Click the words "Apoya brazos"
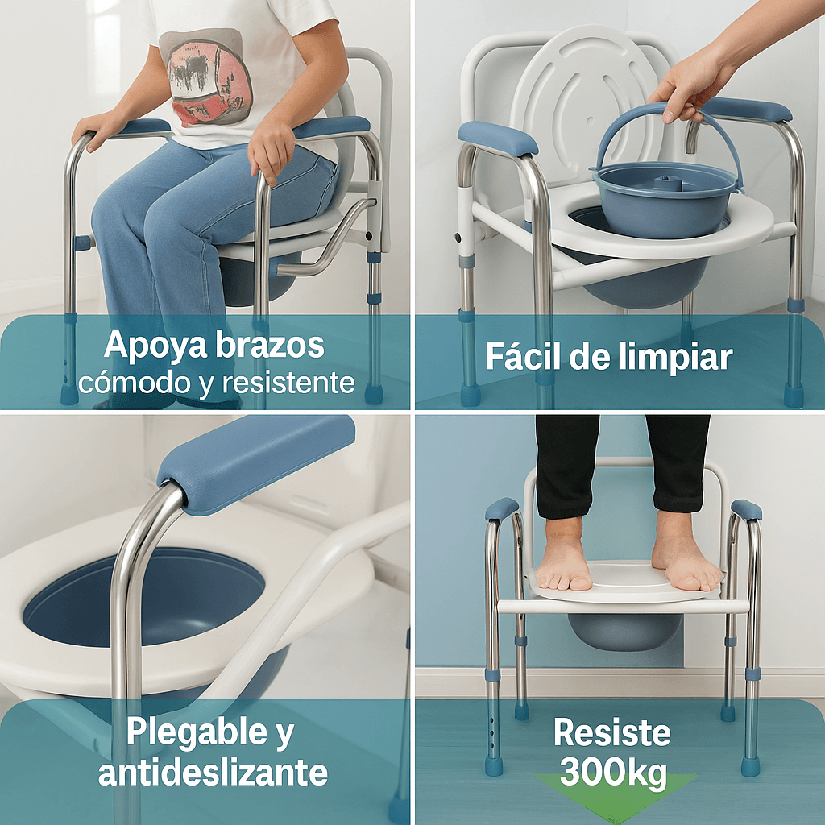[x=214, y=346]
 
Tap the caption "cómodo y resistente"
[x=216, y=383]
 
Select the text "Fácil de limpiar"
[x=609, y=356]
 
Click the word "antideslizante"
[x=213, y=773]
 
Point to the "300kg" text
[x=613, y=771]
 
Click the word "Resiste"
[x=612, y=732]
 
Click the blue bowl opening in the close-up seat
[x=144, y=597]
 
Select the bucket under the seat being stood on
[x=624, y=631]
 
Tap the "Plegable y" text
[x=210, y=732]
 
